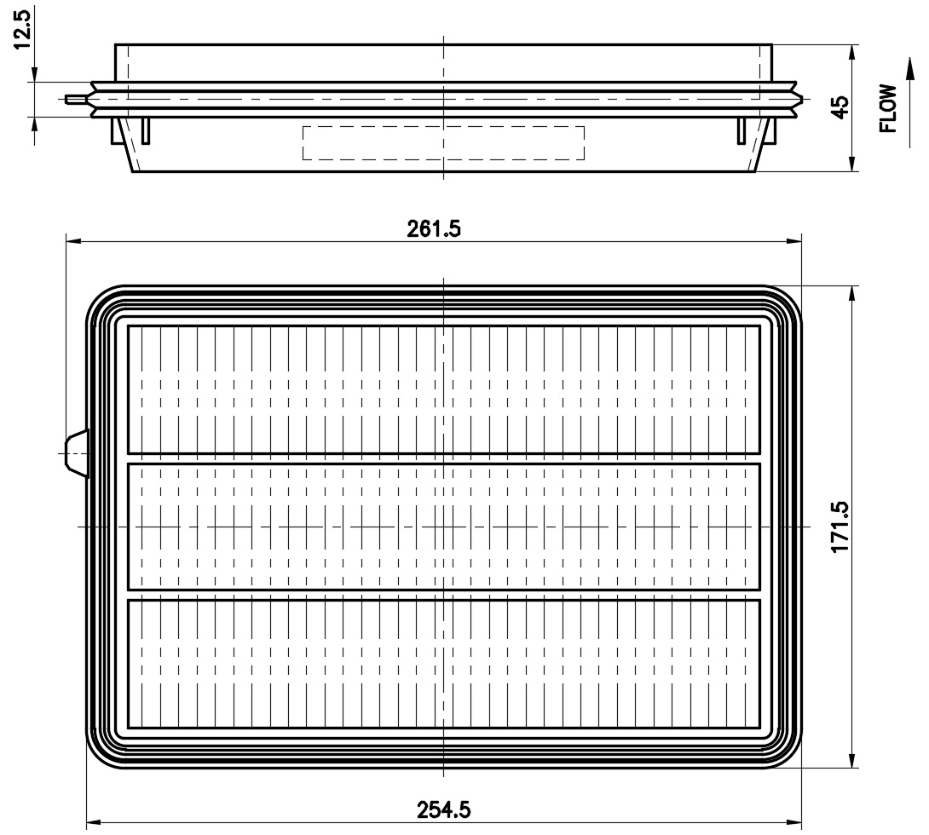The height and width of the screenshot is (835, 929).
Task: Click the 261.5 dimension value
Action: (x=434, y=228)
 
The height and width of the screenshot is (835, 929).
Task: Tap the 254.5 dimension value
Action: (x=444, y=809)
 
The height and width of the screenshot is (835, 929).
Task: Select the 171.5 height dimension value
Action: (x=840, y=527)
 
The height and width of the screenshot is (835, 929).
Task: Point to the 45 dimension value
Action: (x=840, y=107)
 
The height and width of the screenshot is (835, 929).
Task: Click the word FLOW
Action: (x=888, y=108)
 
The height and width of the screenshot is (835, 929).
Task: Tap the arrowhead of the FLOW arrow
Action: (x=909, y=66)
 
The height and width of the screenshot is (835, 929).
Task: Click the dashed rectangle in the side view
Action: (x=444, y=143)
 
